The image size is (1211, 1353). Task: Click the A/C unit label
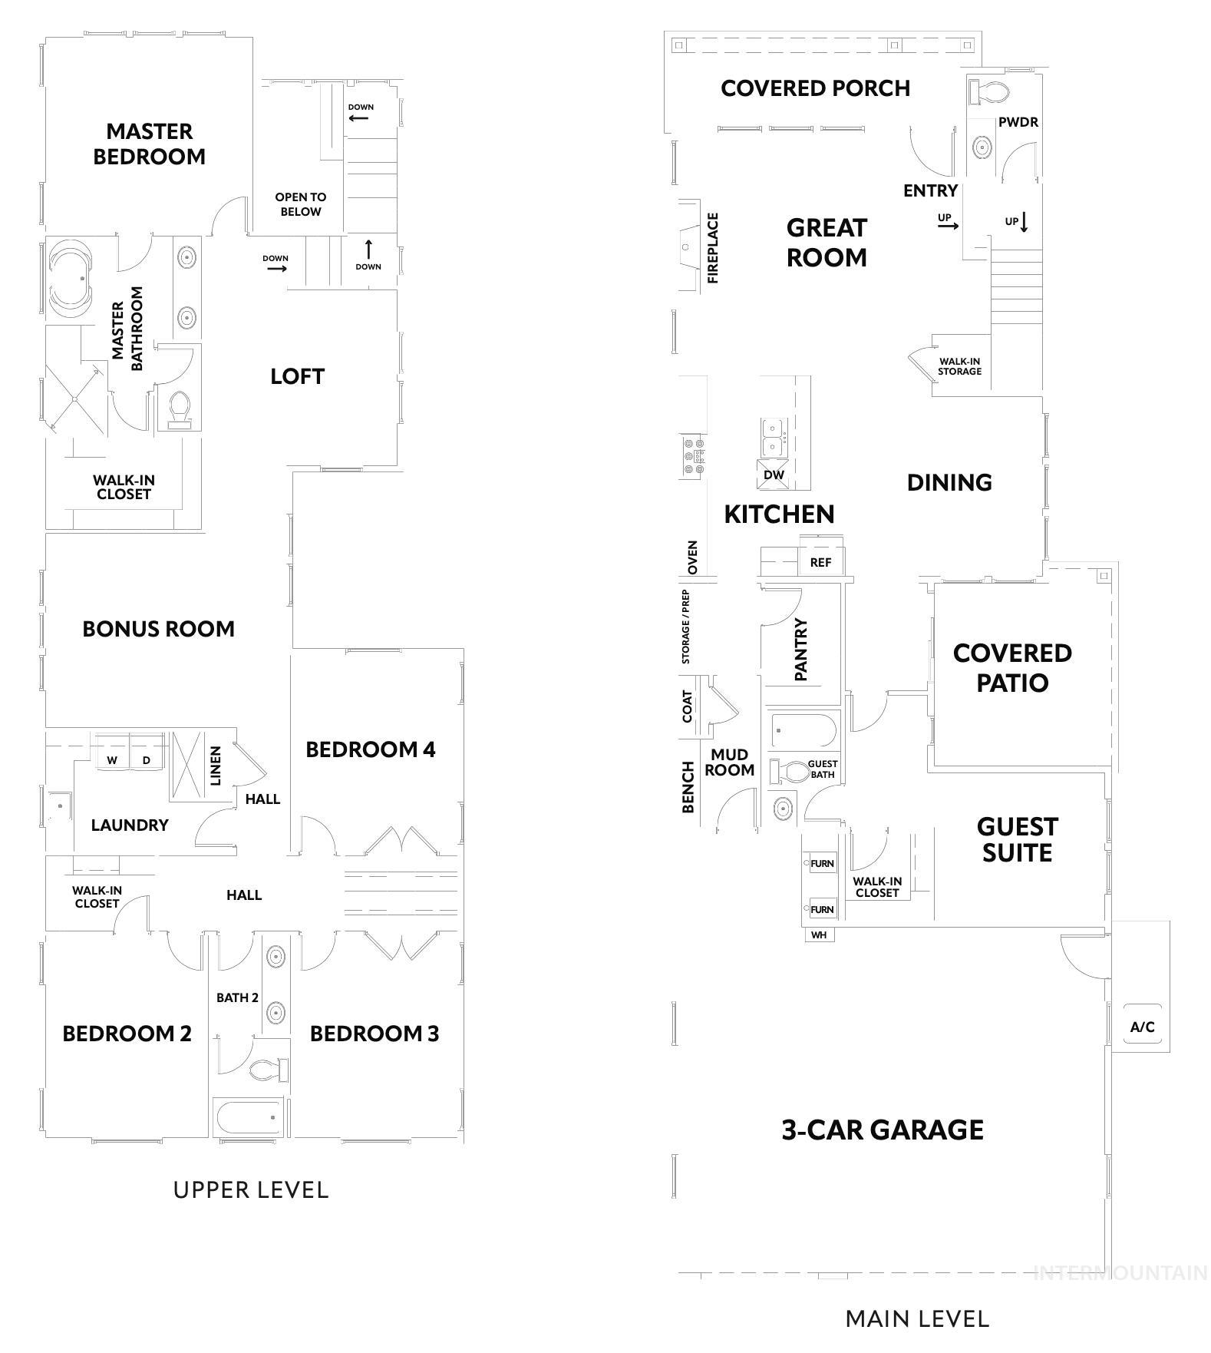1142,1027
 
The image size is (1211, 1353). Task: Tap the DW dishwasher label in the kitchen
774,475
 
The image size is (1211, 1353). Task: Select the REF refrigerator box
820,562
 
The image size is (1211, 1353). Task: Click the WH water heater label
819,935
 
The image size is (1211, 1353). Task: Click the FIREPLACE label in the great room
713,248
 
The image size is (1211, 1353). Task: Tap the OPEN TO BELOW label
300,204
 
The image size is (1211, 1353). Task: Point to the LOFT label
297,376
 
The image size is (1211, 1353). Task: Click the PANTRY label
801,650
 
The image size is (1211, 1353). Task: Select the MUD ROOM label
729,763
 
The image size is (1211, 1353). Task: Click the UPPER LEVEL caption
251,1190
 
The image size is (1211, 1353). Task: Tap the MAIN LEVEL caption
917,1318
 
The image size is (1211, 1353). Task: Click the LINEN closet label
216,766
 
